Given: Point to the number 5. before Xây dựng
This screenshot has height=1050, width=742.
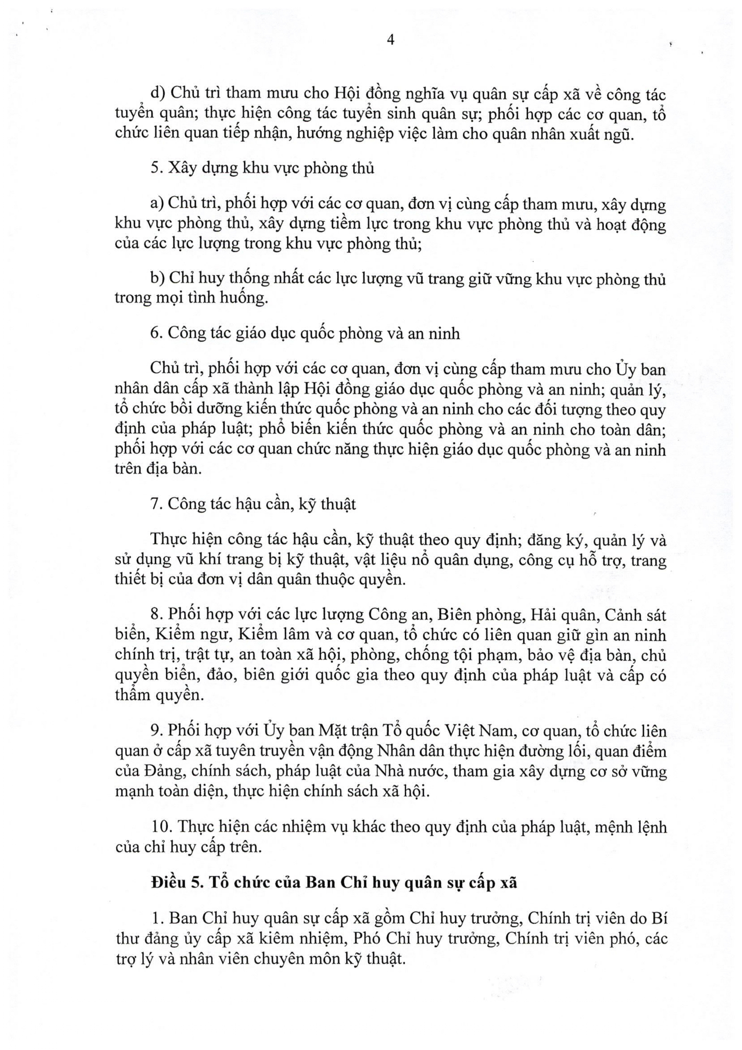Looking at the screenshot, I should coord(157,168).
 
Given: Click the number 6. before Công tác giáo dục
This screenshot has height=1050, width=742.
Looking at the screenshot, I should coord(157,333).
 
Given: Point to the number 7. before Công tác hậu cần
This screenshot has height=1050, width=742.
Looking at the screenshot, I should coord(157,504).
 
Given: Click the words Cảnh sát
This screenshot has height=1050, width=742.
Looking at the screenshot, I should coord(636,615).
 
